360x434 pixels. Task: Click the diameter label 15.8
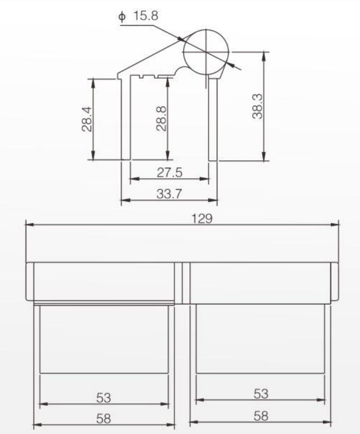(146, 16)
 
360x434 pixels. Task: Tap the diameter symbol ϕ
(122, 17)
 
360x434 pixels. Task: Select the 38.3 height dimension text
(257, 106)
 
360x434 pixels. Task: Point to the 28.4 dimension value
(87, 119)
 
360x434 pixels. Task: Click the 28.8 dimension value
(161, 118)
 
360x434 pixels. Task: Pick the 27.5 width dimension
(169, 172)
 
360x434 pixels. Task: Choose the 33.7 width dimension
(169, 193)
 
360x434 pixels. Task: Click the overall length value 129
(202, 219)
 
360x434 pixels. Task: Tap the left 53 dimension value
(104, 398)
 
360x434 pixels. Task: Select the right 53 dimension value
(261, 393)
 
